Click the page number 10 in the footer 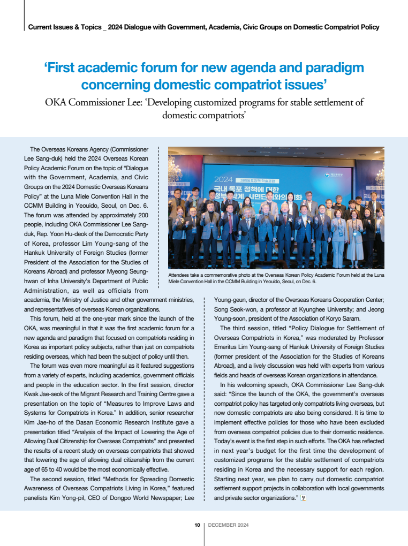[x=197, y=525]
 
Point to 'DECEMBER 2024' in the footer [x=228, y=525]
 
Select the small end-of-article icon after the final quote [x=303, y=498]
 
